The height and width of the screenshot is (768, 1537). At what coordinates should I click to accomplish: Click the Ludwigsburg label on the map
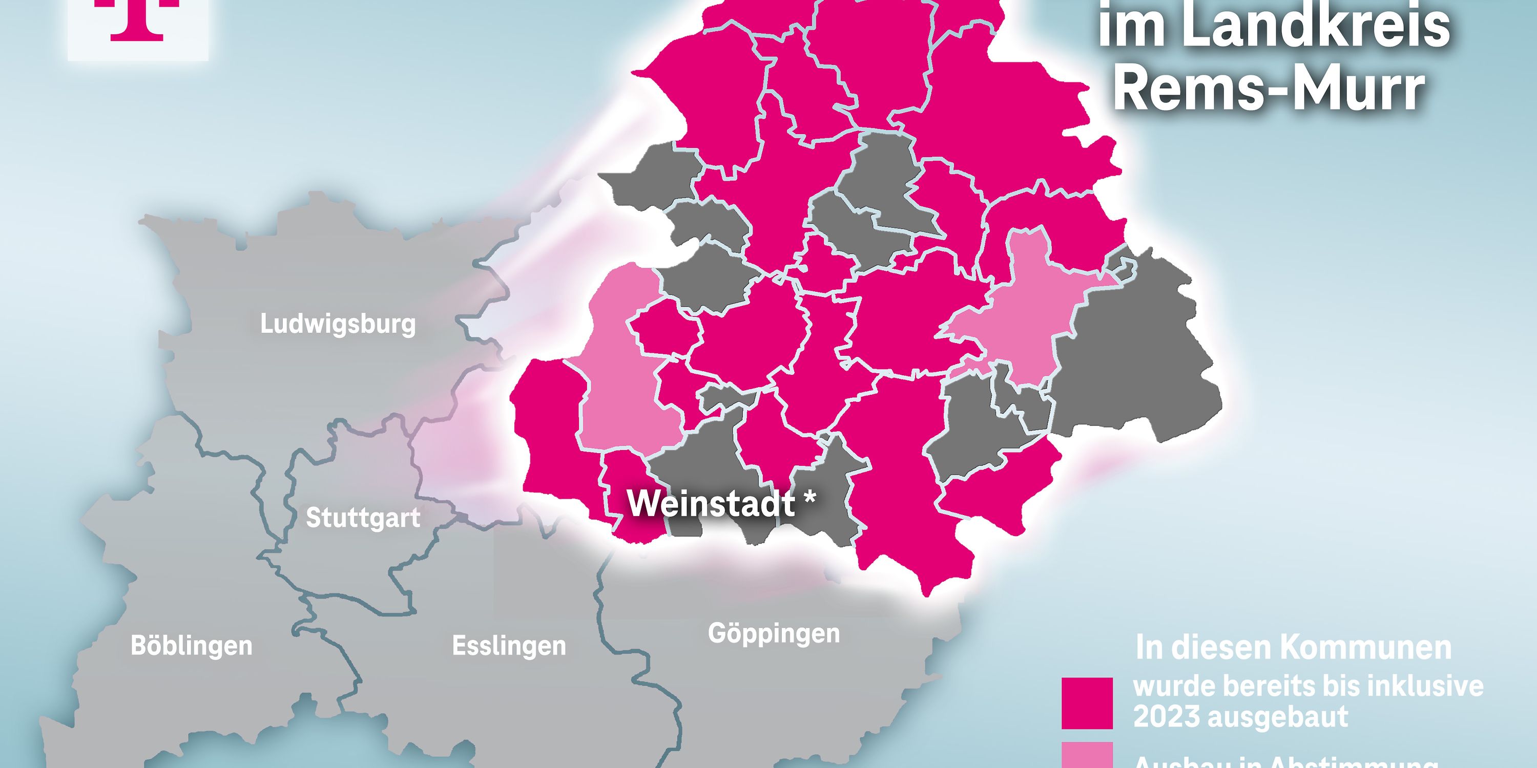338,325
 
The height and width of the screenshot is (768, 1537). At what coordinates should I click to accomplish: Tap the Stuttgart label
363,518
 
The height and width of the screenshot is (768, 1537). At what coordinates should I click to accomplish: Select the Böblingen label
192,646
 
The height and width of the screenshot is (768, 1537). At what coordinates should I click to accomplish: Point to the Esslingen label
509,646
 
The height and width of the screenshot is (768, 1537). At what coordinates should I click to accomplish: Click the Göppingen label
774,633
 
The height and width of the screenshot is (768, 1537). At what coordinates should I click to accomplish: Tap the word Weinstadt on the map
711,504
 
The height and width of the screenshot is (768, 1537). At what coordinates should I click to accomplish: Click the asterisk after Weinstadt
809,500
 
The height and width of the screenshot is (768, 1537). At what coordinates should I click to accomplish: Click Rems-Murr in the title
1269,90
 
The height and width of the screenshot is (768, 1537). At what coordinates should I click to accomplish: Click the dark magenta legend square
1087,703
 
